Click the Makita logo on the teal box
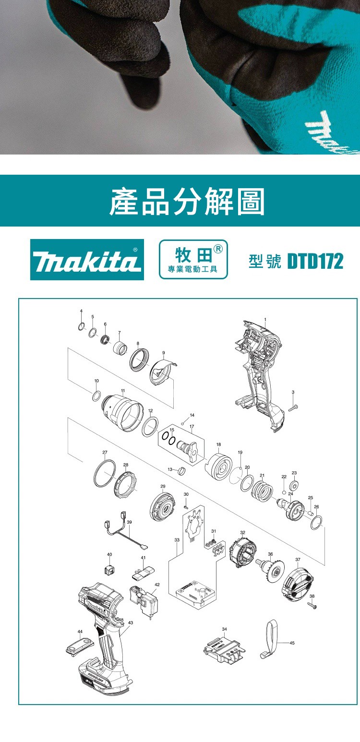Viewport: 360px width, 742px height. [87, 260]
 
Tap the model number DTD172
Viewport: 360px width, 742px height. [315, 262]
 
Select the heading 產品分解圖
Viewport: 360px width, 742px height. [187, 201]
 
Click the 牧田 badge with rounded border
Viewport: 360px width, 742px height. [193, 259]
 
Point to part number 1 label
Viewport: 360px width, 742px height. [265, 320]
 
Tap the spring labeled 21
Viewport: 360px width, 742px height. [263, 491]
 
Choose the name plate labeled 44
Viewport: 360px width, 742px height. [80, 646]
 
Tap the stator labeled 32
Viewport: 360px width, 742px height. [243, 552]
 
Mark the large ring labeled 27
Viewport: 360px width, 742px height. [105, 474]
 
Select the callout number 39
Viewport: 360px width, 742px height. [129, 522]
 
